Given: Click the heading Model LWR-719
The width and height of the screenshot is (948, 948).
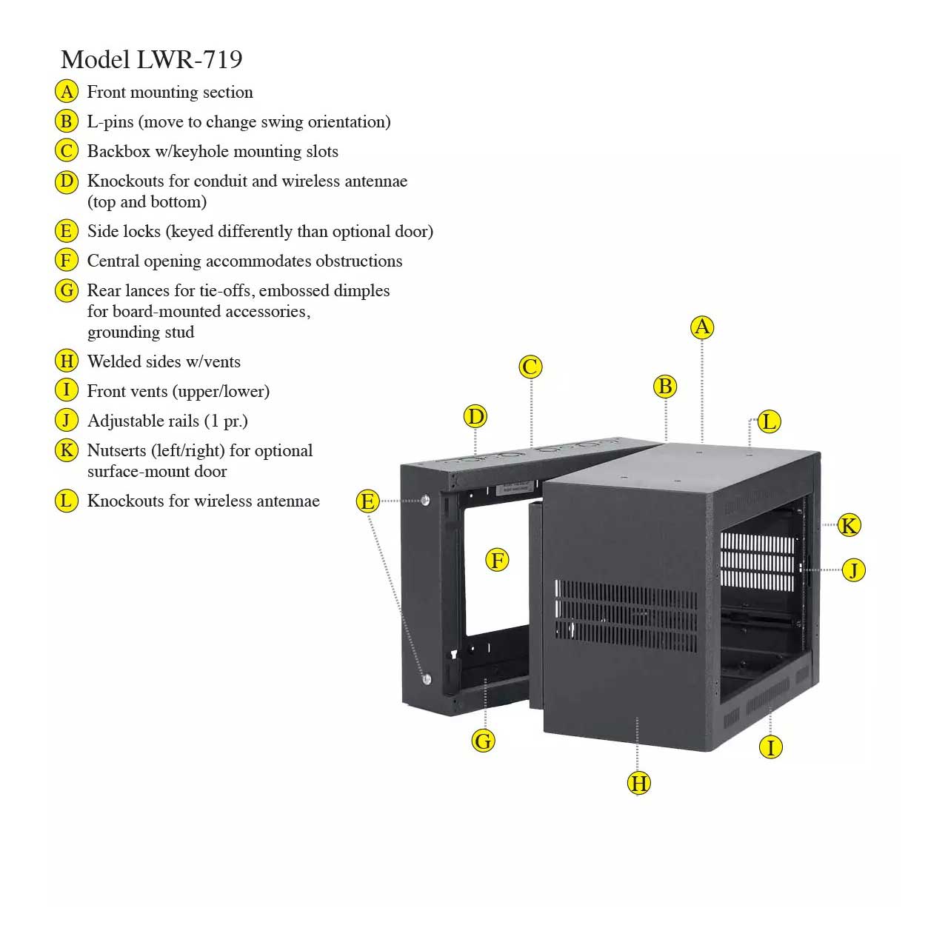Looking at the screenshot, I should (151, 59).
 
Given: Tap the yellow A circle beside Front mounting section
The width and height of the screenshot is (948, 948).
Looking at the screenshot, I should (67, 92).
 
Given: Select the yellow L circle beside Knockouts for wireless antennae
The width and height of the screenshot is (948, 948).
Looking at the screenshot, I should (67, 501).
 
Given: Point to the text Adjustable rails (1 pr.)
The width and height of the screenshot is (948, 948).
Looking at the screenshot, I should (167, 421).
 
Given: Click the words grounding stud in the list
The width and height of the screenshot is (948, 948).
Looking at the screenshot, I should (141, 332).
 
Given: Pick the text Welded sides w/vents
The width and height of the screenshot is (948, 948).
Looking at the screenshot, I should (164, 361).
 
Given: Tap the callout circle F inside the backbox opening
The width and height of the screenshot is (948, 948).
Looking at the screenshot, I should (497, 559).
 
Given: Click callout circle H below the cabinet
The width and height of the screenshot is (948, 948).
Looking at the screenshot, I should (638, 783).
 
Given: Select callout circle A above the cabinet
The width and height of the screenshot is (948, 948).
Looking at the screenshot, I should (702, 327).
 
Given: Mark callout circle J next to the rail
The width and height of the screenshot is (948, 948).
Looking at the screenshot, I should (854, 570).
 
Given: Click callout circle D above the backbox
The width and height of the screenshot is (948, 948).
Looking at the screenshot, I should (475, 416).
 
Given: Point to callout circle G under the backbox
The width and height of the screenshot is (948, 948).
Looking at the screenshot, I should (483, 740).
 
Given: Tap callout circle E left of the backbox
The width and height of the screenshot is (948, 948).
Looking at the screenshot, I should (367, 501).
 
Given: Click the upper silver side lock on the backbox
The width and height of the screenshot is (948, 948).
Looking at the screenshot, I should (425, 501).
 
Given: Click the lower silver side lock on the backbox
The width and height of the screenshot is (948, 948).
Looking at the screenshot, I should (427, 678).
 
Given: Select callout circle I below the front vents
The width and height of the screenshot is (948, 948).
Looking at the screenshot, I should (771, 747).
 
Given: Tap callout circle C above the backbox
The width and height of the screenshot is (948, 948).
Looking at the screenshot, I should (530, 367).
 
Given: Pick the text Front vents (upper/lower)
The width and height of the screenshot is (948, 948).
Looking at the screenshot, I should (178, 391).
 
